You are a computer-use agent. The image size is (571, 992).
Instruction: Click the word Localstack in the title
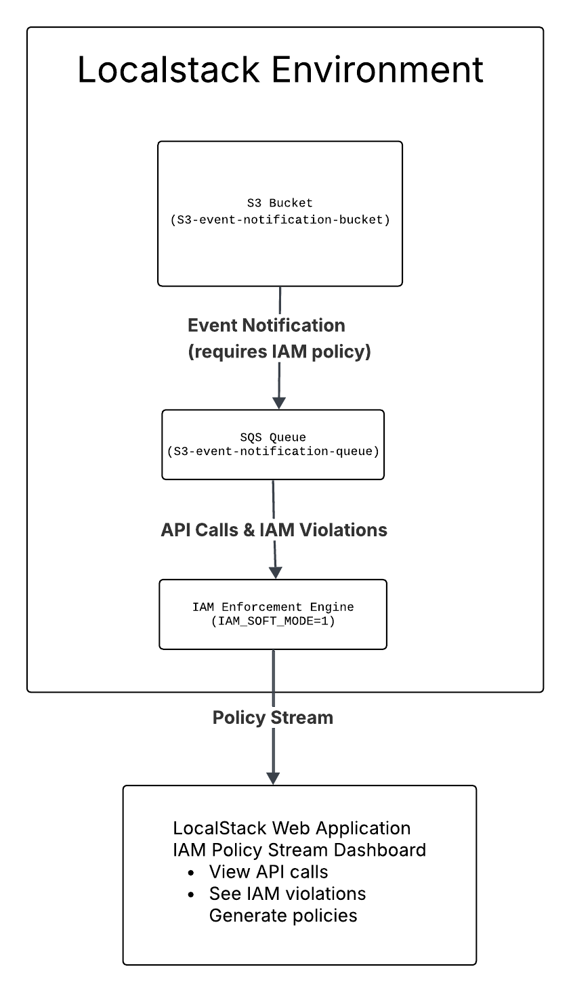click(168, 70)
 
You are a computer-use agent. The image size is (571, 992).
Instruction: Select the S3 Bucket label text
click(280, 202)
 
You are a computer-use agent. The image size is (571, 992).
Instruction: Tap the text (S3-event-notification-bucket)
click(280, 219)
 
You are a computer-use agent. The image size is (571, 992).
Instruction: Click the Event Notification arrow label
click(266, 326)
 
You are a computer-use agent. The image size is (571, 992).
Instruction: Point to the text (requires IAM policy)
click(279, 352)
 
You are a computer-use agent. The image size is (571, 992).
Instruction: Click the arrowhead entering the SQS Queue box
click(279, 402)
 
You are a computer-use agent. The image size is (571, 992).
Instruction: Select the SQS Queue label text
click(273, 437)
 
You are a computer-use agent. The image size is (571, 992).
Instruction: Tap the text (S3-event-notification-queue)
click(273, 451)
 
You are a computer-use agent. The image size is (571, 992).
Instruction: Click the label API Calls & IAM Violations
click(274, 530)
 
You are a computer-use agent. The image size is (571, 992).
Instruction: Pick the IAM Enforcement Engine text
click(273, 607)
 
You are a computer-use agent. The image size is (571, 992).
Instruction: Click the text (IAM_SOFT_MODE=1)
click(273, 620)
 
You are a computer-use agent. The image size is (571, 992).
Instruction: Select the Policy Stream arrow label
click(273, 718)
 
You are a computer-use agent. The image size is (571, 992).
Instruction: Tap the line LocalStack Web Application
click(292, 828)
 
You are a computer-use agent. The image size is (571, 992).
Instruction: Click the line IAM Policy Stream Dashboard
click(299, 850)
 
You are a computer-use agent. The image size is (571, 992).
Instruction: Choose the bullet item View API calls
click(268, 871)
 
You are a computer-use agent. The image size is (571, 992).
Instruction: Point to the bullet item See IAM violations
click(287, 894)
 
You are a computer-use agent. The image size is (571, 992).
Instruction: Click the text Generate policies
click(283, 915)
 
